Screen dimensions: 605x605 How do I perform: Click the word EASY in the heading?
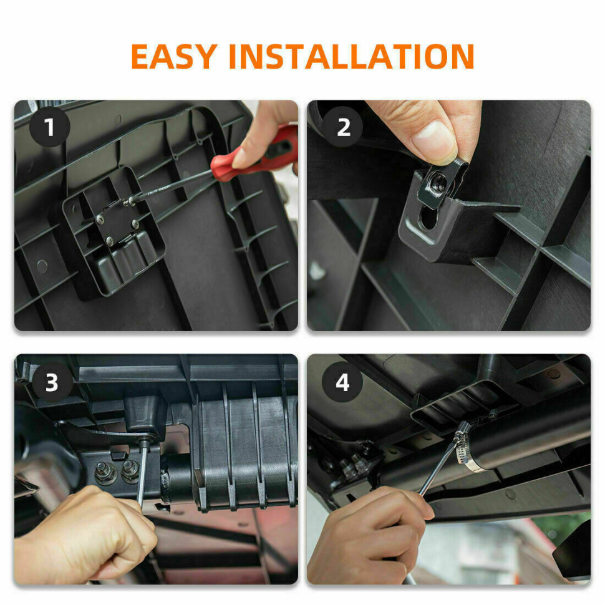click(x=174, y=56)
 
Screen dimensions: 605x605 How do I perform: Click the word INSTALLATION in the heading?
click(x=352, y=56)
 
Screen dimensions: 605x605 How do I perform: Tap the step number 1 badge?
click(x=49, y=127)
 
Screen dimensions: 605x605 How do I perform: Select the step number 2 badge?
click(x=343, y=127)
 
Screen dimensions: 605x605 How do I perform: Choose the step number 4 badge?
click(x=342, y=382)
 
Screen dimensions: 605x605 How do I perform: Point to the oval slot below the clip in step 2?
click(x=428, y=218)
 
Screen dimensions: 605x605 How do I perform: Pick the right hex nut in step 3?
click(x=130, y=471)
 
